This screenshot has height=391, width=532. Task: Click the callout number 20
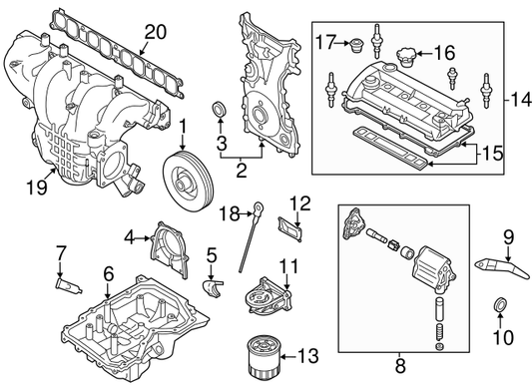coord(156,33)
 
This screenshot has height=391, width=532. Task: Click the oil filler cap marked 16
coord(405,57)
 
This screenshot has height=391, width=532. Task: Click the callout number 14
coord(520,100)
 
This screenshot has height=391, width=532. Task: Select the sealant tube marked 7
coord(69,286)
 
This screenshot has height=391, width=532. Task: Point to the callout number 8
coord(400,366)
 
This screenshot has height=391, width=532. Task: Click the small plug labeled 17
coord(356,46)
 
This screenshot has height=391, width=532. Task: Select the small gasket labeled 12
coord(290,229)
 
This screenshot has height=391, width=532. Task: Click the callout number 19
coord(37,188)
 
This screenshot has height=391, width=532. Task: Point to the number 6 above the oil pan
coord(108,274)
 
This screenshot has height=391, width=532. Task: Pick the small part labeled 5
coord(213,287)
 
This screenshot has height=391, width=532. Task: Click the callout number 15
coord(493,154)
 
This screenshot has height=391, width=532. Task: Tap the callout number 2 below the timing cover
coord(241,171)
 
